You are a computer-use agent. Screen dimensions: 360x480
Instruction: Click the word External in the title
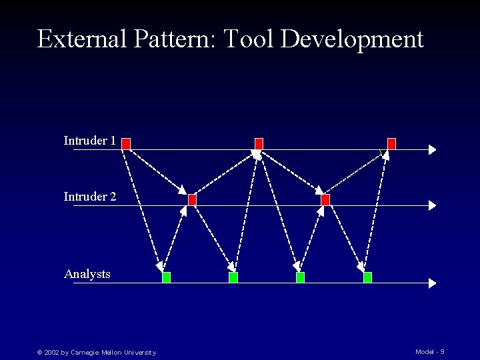pyautogui.click(x=82, y=39)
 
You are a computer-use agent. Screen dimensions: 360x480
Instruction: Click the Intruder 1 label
pyautogui.click(x=90, y=141)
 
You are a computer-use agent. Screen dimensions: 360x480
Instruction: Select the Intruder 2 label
pyautogui.click(x=90, y=197)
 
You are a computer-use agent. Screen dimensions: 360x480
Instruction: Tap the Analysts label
pyautogui.click(x=87, y=274)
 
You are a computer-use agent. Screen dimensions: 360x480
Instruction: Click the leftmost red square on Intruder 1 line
pyautogui.click(x=126, y=143)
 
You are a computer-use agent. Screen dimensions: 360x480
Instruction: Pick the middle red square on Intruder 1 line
pyautogui.click(x=259, y=143)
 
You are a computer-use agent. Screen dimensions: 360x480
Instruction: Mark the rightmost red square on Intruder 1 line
pyautogui.click(x=391, y=143)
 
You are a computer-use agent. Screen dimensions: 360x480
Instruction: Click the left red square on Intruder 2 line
pyautogui.click(x=192, y=199)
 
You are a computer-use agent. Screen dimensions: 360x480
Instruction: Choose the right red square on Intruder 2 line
pyautogui.click(x=325, y=199)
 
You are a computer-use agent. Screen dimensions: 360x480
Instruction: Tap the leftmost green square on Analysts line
pyautogui.click(x=166, y=277)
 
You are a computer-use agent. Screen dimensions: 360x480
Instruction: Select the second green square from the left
pyautogui.click(x=233, y=277)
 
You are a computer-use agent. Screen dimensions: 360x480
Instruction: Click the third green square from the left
pyautogui.click(x=300, y=277)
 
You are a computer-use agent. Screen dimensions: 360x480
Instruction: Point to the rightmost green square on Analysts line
pyautogui.click(x=367, y=277)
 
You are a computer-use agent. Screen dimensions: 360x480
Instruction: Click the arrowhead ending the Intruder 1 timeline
pyautogui.click(x=433, y=149)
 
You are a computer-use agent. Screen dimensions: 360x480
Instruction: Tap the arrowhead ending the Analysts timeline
pyautogui.click(x=433, y=283)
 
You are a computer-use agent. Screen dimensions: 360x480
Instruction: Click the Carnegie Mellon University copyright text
pyautogui.click(x=97, y=352)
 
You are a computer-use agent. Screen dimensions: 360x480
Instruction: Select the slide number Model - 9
pyautogui.click(x=429, y=351)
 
